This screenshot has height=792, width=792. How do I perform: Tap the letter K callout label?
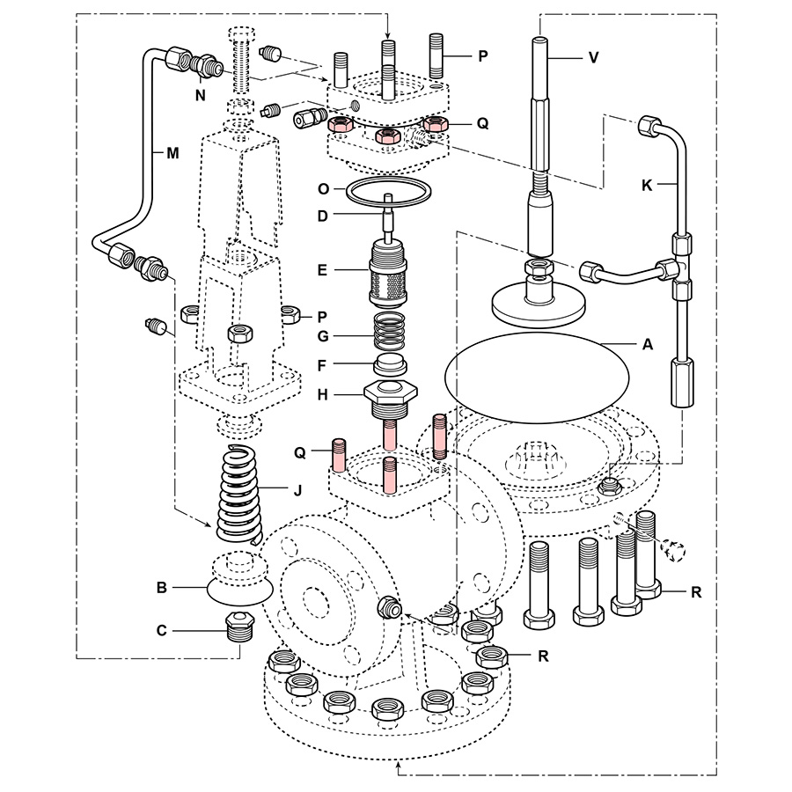point(649,186)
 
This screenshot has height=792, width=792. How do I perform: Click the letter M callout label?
point(172,151)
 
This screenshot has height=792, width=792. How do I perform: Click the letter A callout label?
point(648,345)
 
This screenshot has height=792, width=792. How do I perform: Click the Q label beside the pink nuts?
point(481,124)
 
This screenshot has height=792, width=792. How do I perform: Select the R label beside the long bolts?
point(695,591)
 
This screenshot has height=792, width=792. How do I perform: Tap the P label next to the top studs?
point(481,55)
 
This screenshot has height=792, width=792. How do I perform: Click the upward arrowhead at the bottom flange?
point(401,768)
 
